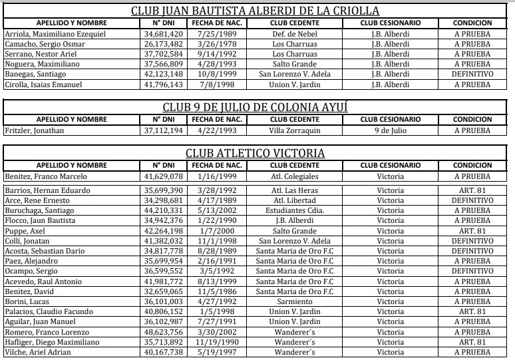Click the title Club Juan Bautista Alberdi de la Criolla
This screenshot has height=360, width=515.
tap(256, 11)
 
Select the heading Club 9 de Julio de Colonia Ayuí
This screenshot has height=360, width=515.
tap(256, 107)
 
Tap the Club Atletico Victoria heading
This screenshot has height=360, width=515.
tap(256, 153)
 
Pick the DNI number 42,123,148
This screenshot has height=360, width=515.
tap(163, 74)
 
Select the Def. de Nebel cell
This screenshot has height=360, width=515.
tap(295, 34)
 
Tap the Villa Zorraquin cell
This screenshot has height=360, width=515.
tap(295, 130)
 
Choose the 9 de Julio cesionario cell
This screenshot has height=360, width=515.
tap(390, 130)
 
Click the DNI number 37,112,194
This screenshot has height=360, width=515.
tap(163, 130)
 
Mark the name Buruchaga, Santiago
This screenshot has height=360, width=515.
tap(40, 210)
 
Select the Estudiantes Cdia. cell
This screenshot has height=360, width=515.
tap(295, 210)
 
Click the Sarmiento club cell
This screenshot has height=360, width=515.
tap(295, 301)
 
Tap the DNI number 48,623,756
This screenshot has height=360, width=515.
tap(163, 332)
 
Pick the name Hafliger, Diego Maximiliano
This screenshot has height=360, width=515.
tap(52, 342)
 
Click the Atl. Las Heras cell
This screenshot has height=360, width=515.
tap(295, 190)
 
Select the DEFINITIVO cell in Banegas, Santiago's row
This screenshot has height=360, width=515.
tap(472, 74)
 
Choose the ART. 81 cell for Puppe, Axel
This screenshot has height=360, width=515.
tap(472, 231)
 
